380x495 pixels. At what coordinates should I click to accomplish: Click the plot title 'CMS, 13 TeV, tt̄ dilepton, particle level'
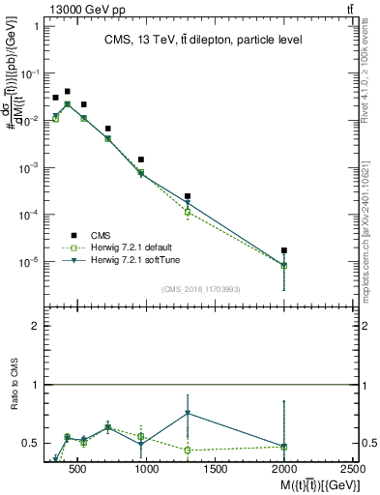(203, 40)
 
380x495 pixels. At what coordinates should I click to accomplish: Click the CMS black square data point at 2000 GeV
(284, 250)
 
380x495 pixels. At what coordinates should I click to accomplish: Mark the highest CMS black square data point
(67, 92)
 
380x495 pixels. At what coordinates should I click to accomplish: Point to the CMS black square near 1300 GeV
(188, 196)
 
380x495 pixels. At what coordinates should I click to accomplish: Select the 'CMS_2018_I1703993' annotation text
(203, 289)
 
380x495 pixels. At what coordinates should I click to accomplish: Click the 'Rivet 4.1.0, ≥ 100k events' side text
(371, 77)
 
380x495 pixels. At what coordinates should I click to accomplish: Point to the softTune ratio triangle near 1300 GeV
(188, 413)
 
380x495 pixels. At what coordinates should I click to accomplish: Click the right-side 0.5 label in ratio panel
(365, 443)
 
